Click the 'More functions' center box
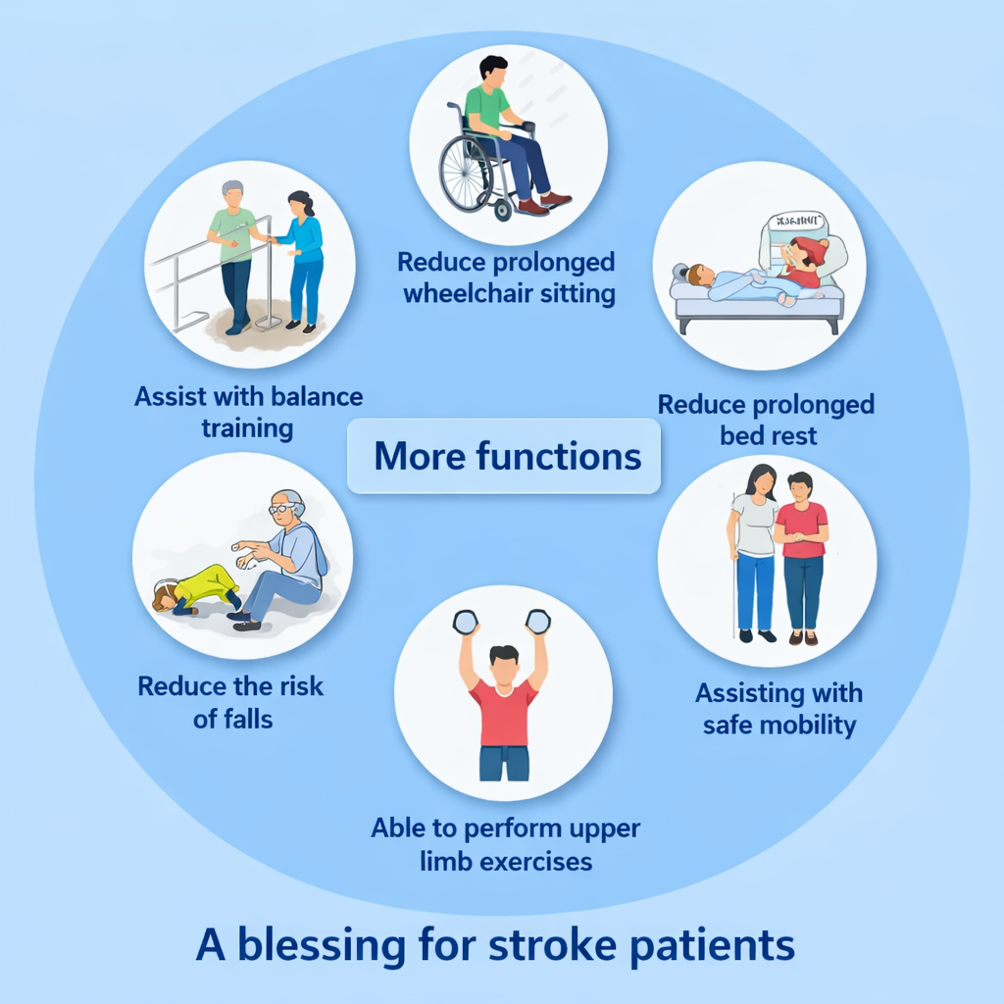[x=505, y=456]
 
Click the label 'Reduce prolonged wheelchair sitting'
[x=506, y=277]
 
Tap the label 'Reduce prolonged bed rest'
[x=767, y=419]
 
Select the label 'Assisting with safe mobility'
[x=779, y=709]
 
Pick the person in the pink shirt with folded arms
[x=801, y=554]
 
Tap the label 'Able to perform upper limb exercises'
[x=505, y=844]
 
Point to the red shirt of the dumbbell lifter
[x=504, y=713]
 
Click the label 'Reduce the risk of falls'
[x=231, y=701]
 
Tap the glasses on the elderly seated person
[x=281, y=509]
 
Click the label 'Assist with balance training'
[x=248, y=412]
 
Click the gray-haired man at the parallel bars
[x=234, y=253]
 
